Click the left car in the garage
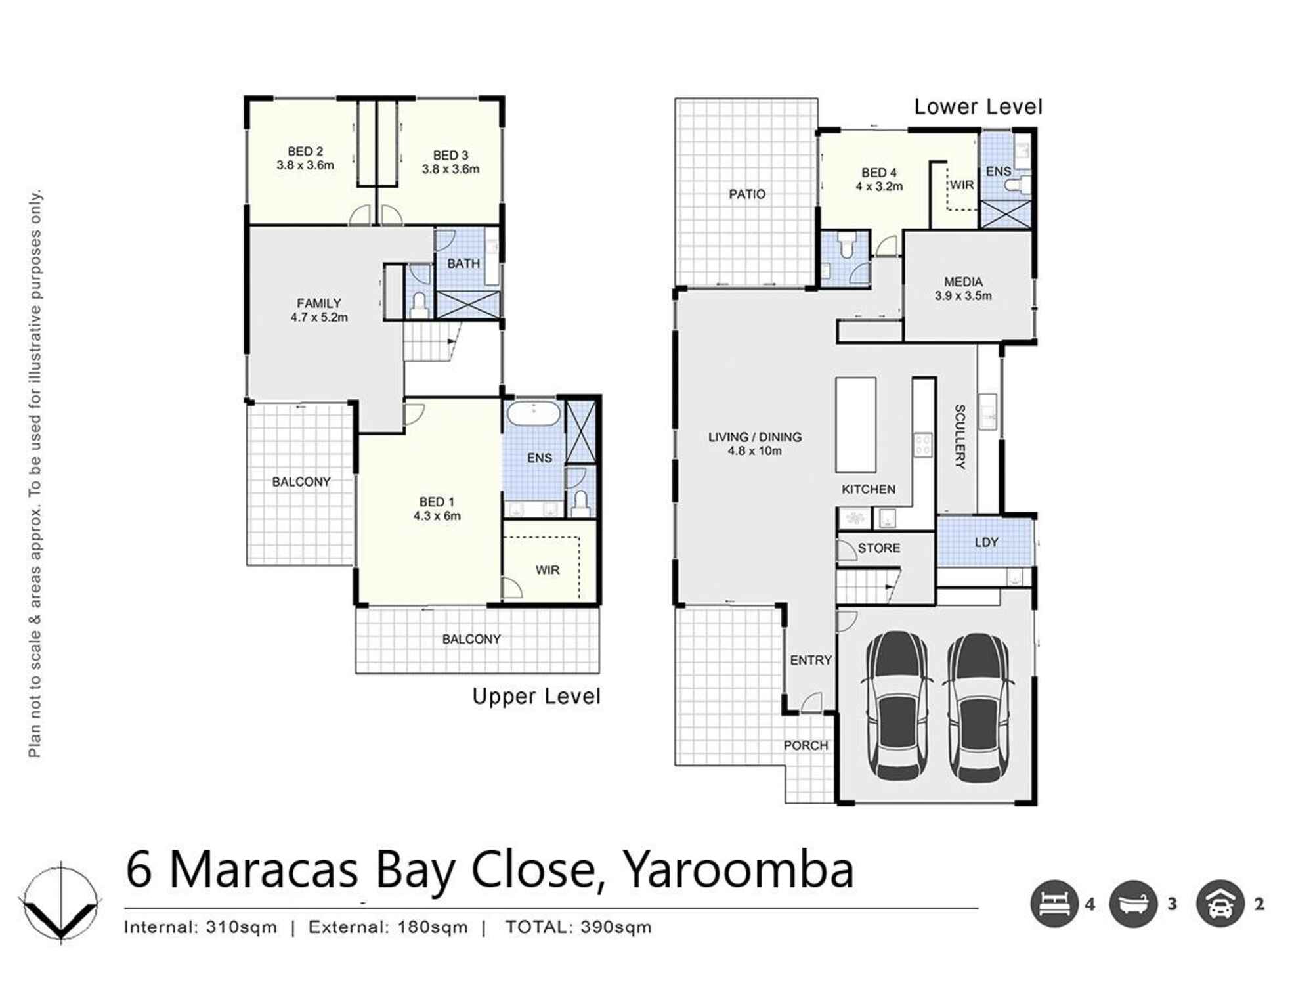point(897,706)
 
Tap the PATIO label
point(747,194)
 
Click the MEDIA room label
point(963,282)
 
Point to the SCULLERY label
point(960,437)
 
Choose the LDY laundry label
point(987,542)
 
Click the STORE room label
point(879,548)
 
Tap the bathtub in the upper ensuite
point(534,414)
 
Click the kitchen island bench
point(855,425)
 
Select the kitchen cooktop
point(923,445)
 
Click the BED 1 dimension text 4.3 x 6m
point(437,516)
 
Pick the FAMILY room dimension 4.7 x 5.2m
point(319,317)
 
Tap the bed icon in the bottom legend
point(1054,904)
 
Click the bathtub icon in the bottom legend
point(1133,904)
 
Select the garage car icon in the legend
point(1220,904)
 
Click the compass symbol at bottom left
point(61,904)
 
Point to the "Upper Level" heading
point(536,697)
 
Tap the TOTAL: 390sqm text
point(578,927)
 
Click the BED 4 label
point(879,173)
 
